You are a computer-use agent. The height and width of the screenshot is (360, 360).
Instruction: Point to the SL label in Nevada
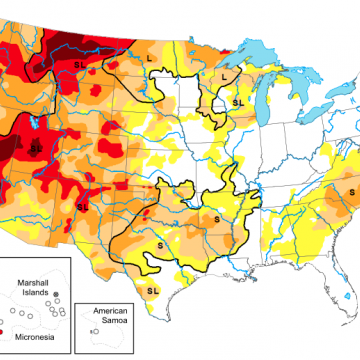(x=36, y=148)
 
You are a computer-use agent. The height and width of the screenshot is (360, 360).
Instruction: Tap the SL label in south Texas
(x=153, y=290)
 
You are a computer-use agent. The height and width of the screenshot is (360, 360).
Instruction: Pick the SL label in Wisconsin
(x=237, y=102)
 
